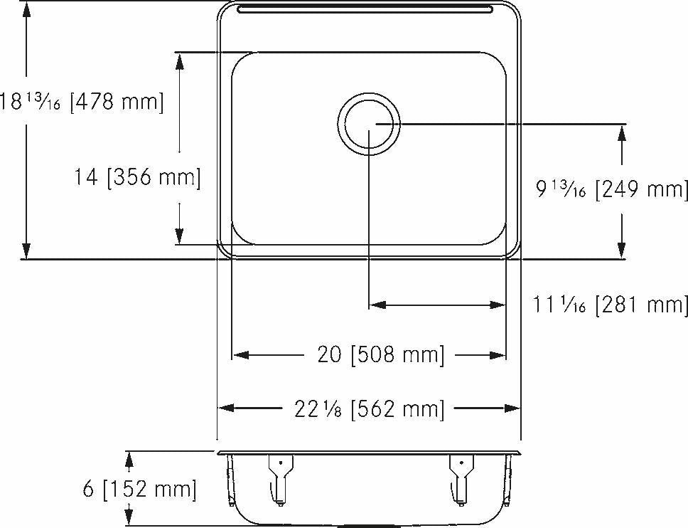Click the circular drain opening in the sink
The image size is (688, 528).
click(x=369, y=125)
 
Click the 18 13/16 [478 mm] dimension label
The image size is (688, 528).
click(x=82, y=102)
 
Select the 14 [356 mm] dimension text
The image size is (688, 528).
click(x=137, y=177)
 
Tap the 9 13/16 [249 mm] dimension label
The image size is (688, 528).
click(x=612, y=189)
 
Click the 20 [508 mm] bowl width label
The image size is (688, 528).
click(x=380, y=354)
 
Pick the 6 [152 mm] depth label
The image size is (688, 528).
click(x=139, y=490)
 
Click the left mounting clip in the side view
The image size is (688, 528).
click(x=279, y=477)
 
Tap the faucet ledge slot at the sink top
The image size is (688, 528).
click(x=365, y=9)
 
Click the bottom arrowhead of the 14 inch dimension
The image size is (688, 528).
click(x=180, y=236)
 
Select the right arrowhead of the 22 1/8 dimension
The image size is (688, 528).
click(x=513, y=408)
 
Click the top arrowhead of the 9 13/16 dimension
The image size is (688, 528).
click(x=622, y=134)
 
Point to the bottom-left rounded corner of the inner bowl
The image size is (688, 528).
click(x=238, y=238)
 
